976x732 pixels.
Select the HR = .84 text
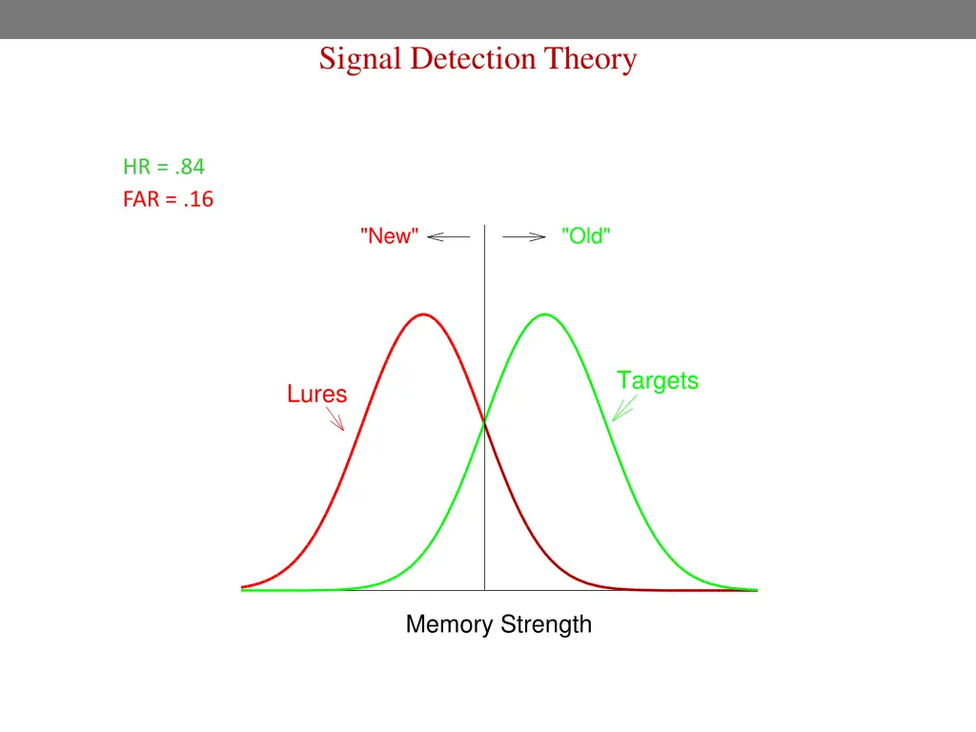[163, 167]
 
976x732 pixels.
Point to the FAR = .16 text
[168, 200]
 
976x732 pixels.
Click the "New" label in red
[390, 236]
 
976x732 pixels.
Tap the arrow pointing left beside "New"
[449, 237]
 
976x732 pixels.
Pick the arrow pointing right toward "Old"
[523, 237]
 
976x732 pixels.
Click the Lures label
[316, 394]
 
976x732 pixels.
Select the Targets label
[657, 380]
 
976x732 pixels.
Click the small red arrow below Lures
[335, 418]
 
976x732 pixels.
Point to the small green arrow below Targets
[624, 409]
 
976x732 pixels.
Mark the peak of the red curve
[423, 314]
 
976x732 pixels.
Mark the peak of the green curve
[545, 314]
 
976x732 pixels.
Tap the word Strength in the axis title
[545, 625]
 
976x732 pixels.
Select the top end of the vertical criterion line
[485, 226]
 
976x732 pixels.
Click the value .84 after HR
[190, 167]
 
